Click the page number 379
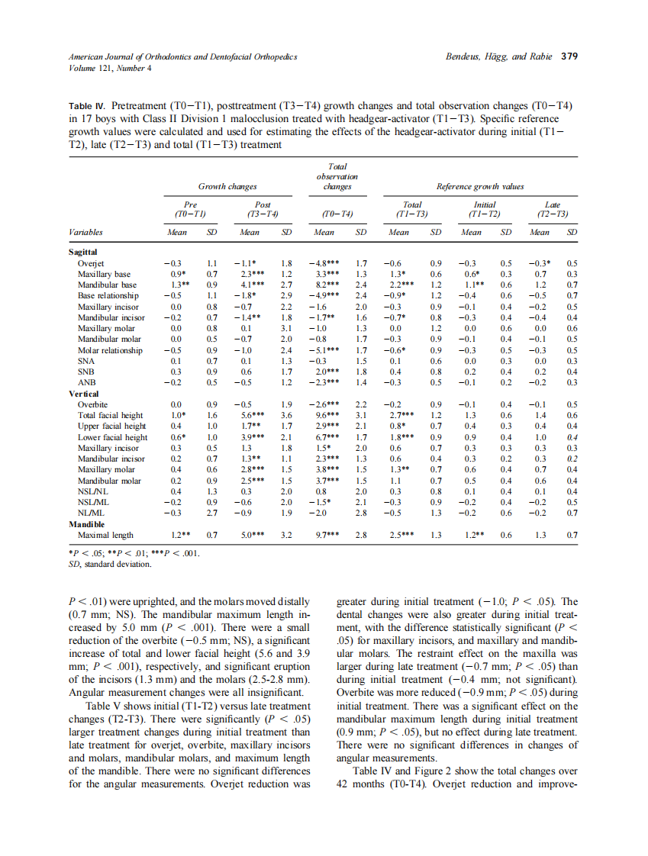(569, 56)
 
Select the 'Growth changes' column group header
(227, 186)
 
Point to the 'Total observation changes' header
(337, 175)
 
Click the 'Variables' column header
(85, 232)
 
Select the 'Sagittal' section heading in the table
(84, 251)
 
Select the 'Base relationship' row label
(108, 295)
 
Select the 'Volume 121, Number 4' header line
(110, 68)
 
